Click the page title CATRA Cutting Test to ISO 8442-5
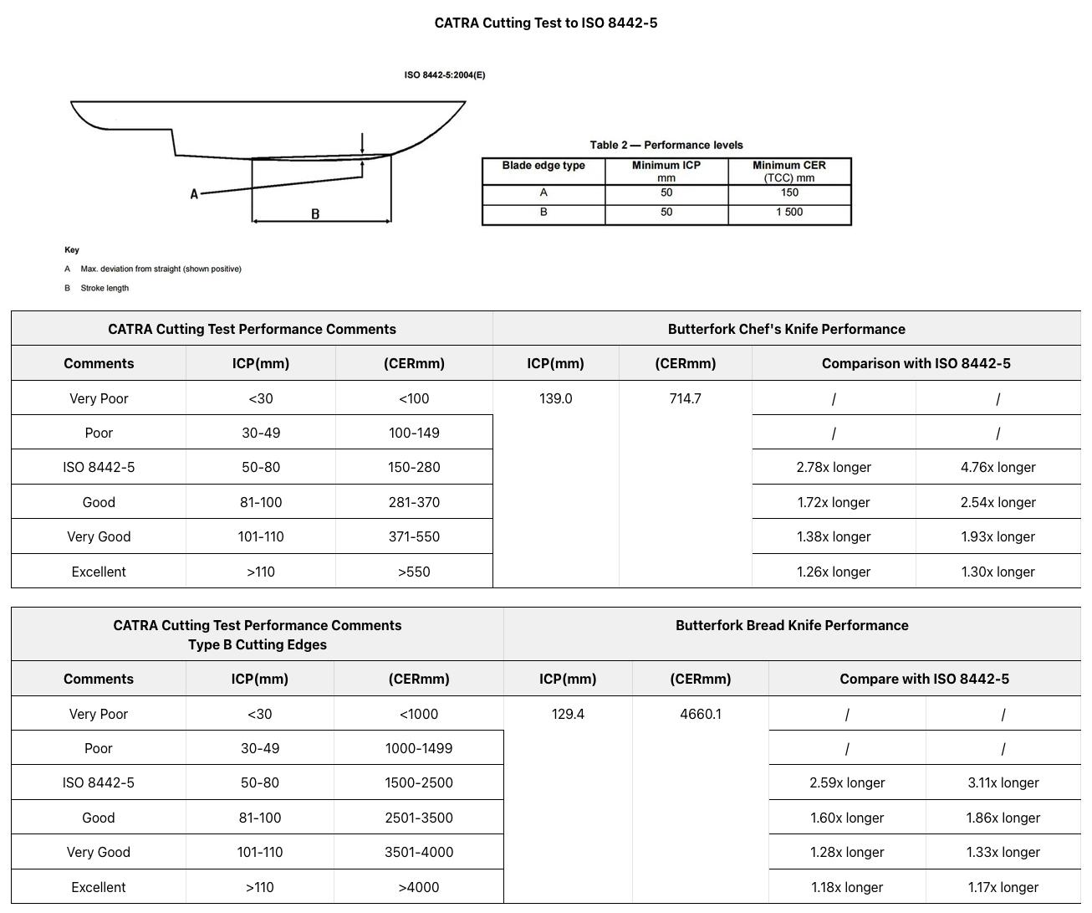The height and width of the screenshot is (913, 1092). coord(545,23)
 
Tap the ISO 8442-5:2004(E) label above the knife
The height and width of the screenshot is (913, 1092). coord(444,75)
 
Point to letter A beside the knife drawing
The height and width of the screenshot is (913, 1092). coord(194,194)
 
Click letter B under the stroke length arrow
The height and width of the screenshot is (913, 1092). coord(315,214)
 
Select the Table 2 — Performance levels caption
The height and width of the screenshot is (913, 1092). coord(666,145)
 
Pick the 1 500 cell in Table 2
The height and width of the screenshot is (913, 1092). coord(788,213)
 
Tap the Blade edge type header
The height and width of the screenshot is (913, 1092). coord(543,166)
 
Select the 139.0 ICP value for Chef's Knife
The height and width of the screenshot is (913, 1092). coord(555,399)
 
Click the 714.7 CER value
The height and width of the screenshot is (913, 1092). coord(685,399)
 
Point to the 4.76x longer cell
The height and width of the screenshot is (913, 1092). coord(998,468)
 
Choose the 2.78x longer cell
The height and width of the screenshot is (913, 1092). coord(833,468)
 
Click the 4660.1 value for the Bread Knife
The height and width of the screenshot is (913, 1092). coord(700,715)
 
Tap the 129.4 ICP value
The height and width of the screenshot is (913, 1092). coord(568,715)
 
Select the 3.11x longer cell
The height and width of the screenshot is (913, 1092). coord(1003,783)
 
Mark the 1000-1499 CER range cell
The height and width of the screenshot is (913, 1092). coord(418,749)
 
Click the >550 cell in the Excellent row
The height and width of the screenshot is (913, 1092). coord(414,572)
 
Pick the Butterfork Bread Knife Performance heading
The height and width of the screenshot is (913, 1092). coord(791,626)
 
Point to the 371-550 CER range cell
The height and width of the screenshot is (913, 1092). coord(414,537)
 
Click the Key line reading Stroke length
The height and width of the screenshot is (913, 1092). coord(105,289)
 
